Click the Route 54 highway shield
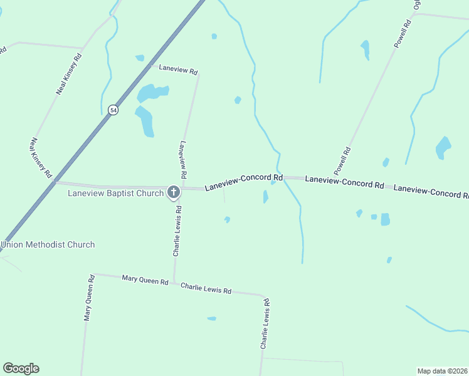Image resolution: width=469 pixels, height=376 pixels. pos(113,110)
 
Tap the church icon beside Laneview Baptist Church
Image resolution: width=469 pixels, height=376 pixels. pos(174,192)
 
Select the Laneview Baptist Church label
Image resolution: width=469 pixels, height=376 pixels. pos(115,193)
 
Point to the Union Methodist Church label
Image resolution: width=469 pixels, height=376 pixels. pos(48,244)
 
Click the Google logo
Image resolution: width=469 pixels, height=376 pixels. pos(21,368)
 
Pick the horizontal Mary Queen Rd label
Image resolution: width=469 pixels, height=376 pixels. pos(145,279)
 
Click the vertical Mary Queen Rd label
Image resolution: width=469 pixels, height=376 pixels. pos(89,298)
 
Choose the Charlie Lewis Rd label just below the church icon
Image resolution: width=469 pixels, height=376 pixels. pos(177,231)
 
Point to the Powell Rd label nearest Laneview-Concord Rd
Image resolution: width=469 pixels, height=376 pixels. pos(342,160)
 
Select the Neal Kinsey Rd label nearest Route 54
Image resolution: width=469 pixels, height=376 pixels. pos(41,157)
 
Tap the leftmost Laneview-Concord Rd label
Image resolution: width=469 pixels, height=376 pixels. pos(244,182)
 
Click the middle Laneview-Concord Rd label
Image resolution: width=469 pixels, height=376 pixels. pos(344,182)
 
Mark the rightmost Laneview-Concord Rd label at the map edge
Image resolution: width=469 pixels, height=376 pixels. pos(431,191)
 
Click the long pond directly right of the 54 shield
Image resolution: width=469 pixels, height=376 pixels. pos(145,121)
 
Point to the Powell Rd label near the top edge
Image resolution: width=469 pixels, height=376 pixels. pos(403,34)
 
